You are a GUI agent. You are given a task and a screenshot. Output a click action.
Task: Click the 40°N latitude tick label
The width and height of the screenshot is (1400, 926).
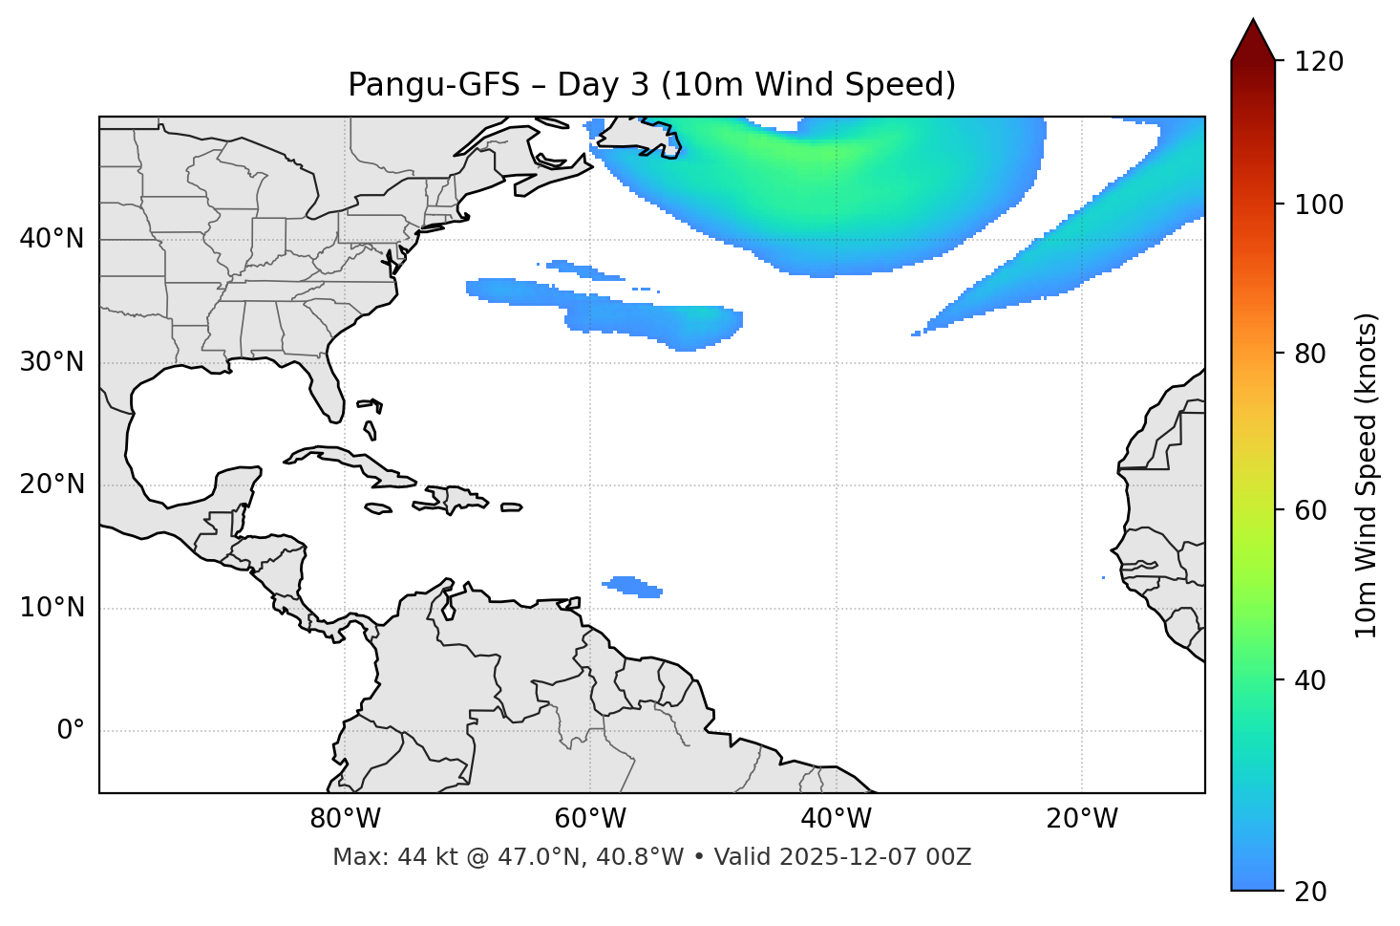pos(52,239)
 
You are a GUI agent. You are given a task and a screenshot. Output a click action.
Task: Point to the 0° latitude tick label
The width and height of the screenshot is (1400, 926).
pos(71,731)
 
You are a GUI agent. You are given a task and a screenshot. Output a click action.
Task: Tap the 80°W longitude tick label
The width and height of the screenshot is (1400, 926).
pos(345,819)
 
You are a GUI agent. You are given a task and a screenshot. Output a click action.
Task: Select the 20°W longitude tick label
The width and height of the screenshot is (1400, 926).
pos(1082,819)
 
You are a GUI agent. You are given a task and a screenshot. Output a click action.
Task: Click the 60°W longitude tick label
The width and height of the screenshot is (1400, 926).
pos(590,819)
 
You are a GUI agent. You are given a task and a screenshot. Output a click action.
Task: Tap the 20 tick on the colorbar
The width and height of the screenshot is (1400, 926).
pos(1311,892)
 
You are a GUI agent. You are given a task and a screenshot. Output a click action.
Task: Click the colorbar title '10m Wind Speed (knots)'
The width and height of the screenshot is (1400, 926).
pos(1367,475)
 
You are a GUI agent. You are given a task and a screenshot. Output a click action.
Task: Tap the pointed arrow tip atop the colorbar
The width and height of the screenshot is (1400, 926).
pos(1253,23)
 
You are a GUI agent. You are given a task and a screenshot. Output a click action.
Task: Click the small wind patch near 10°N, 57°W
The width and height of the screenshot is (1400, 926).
pos(632,586)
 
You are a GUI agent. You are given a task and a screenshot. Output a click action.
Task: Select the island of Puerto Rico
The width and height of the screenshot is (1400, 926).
pos(512,507)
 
